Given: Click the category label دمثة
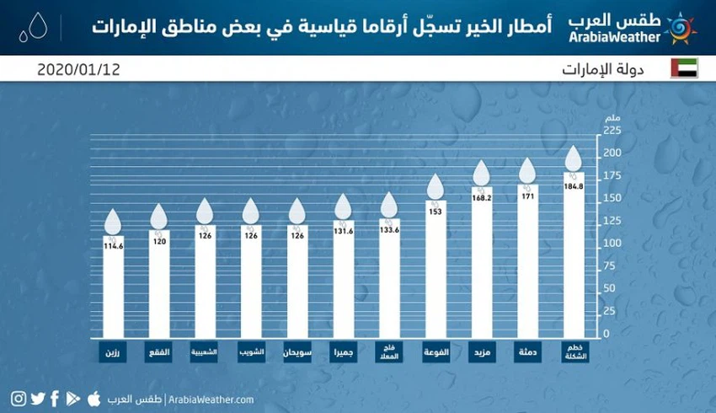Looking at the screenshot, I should [527, 351].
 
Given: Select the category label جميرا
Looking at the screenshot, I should [343, 351].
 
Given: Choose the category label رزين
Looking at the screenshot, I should [113, 351].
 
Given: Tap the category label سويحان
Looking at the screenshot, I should [297, 351].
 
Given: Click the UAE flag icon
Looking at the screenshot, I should [684, 68].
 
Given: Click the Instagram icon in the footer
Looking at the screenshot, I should [19, 399].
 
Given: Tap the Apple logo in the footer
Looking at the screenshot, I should [94, 398].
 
